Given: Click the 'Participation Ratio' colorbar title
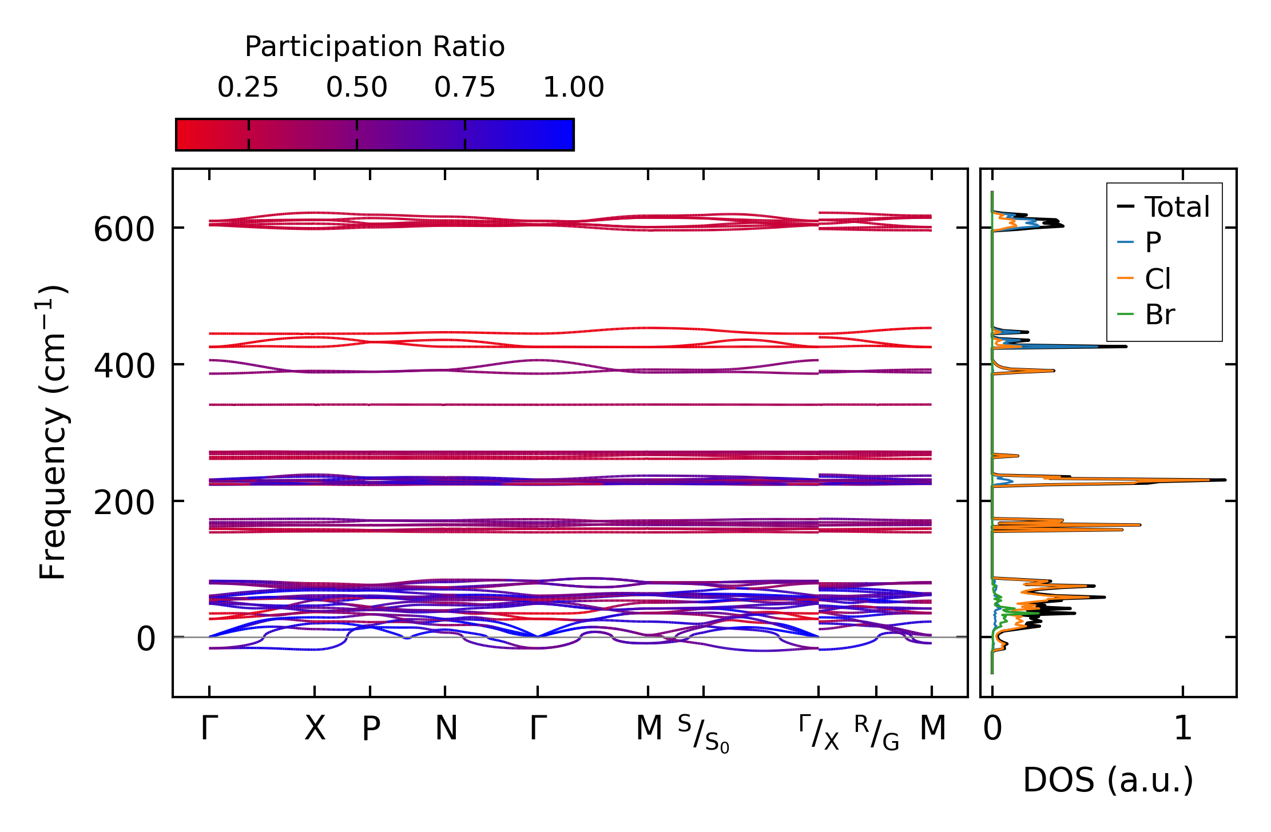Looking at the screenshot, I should [x=375, y=47].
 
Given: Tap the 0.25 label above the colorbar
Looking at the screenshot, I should [x=248, y=87].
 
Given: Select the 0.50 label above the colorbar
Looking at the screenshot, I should [x=356, y=87].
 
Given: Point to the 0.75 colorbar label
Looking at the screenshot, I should [x=464, y=87].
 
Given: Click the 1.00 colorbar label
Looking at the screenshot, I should [x=573, y=87].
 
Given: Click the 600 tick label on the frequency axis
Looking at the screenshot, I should [x=124, y=230].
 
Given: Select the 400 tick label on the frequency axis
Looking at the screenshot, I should [x=124, y=367].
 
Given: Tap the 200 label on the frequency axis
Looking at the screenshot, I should [x=124, y=503].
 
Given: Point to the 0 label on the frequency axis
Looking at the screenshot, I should [x=146, y=639].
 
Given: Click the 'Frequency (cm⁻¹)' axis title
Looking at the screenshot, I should [x=53, y=432].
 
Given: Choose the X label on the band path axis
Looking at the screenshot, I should [x=315, y=729].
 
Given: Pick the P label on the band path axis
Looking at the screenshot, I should [x=371, y=729].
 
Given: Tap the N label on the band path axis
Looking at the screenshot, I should [x=446, y=729].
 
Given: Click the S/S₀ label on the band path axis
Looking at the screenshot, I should [x=704, y=733].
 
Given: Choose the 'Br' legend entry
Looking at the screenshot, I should [x=1159, y=315].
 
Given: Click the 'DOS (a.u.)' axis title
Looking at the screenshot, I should [x=1108, y=781].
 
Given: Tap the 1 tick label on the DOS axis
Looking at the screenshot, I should [x=1182, y=729].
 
